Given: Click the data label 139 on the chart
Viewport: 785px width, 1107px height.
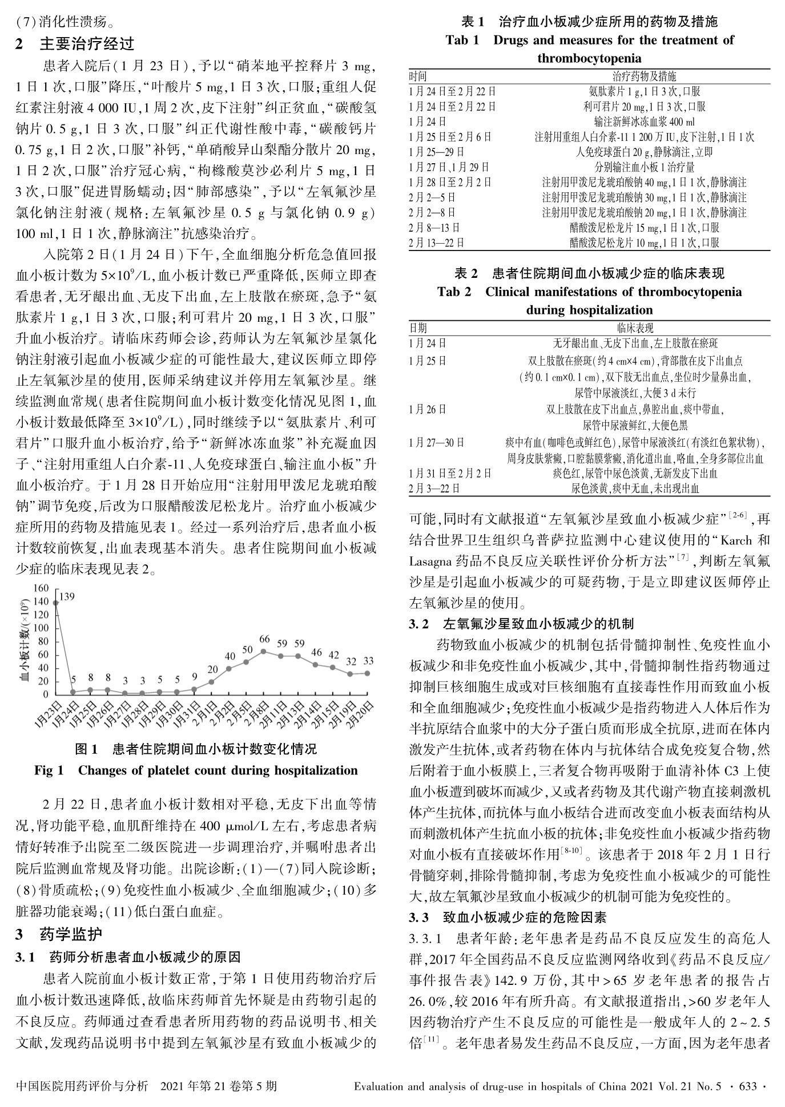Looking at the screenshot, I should coord(67,597).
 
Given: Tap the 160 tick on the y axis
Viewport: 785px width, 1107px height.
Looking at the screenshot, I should coord(41,588).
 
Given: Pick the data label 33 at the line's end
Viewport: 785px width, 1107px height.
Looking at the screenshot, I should coord(368,661).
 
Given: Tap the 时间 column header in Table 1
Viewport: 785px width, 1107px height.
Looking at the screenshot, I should coord(418,76).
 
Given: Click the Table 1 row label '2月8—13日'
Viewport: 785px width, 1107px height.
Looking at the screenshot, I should coord(434,228).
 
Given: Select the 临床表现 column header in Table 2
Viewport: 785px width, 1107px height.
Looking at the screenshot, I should coord(635,328).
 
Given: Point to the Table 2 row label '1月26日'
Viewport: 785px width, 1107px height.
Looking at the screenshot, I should coord(428,409).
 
